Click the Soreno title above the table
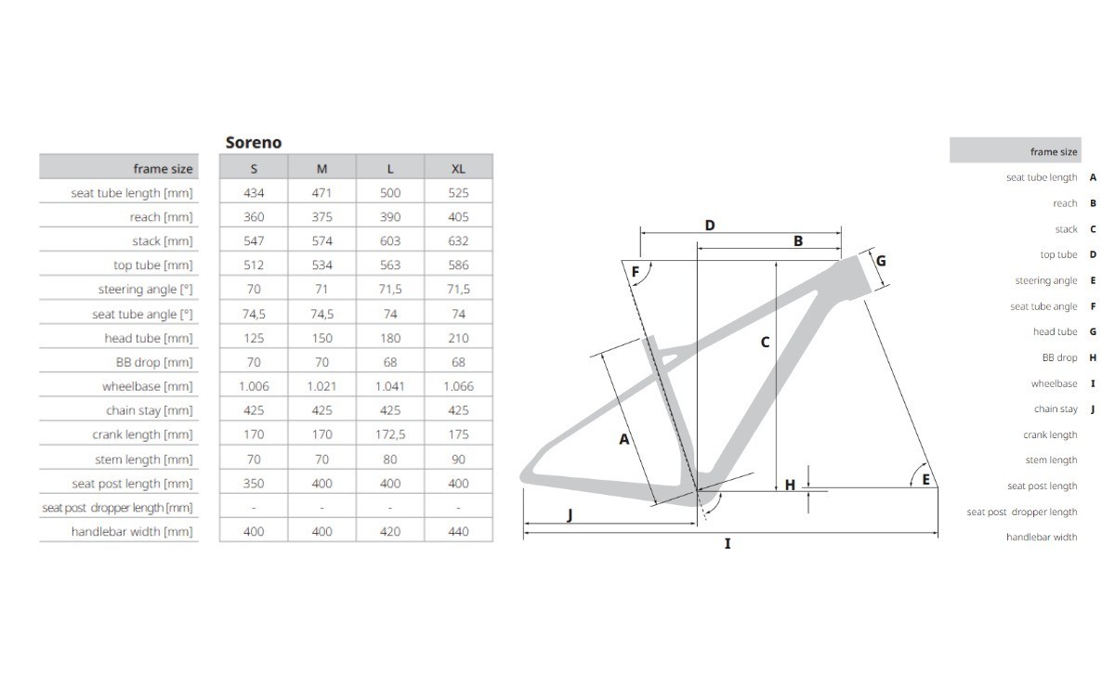[x=253, y=142]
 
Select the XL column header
[x=458, y=168]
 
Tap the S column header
[x=254, y=168]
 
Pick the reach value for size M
[x=321, y=216]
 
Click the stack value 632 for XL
[x=458, y=240]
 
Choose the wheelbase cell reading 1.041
[x=390, y=386]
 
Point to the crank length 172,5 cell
[x=390, y=434]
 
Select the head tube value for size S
[x=254, y=338]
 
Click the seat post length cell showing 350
[x=254, y=483]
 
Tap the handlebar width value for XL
[x=458, y=531]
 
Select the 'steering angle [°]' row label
[x=145, y=290]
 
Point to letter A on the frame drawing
[x=624, y=439]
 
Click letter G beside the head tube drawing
[x=881, y=261]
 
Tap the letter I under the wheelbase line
[x=728, y=544]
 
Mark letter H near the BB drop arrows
[x=790, y=485]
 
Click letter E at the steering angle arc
[x=925, y=479]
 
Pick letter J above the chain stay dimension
[x=570, y=515]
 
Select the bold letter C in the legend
[x=1093, y=229]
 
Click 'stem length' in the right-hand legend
[x=1051, y=460]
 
